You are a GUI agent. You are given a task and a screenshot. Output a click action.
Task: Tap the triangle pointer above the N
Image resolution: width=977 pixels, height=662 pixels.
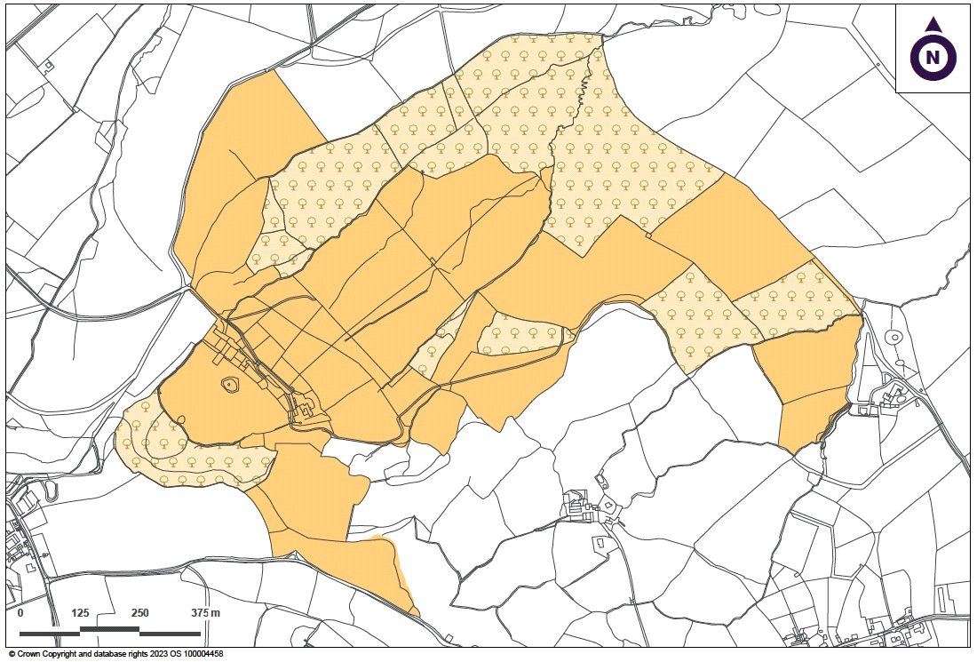(x=933, y=25)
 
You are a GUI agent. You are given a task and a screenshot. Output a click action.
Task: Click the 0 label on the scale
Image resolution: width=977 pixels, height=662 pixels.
(x=20, y=614)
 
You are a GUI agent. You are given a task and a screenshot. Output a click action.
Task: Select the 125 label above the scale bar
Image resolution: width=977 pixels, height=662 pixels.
(x=80, y=614)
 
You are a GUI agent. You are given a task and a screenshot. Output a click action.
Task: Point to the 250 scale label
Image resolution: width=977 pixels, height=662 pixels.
(x=139, y=614)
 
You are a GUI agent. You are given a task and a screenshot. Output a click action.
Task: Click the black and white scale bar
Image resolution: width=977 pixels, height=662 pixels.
(x=110, y=632)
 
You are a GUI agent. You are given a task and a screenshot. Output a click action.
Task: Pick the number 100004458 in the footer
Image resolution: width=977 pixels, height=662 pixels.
(x=202, y=654)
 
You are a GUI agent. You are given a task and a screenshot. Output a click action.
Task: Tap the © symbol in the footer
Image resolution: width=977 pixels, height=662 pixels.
(x=12, y=654)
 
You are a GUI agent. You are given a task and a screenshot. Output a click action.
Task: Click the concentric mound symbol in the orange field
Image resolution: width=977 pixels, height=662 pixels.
(x=230, y=385)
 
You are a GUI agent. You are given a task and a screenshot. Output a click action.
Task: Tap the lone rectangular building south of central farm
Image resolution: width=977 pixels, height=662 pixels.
(x=601, y=541)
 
